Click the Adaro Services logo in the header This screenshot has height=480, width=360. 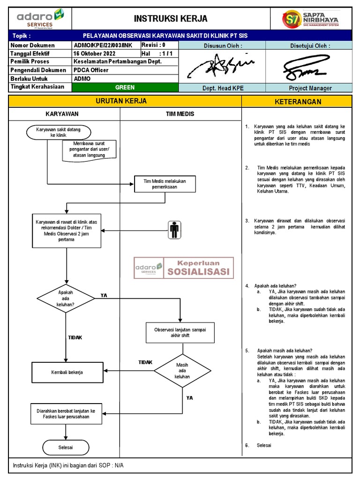[40, 19]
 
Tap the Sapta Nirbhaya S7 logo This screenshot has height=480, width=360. [310, 19]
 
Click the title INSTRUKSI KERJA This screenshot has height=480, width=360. [171, 19]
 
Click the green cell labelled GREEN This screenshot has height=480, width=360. [125, 87]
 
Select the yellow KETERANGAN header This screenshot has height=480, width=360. [298, 102]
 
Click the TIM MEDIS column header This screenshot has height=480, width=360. [180, 114]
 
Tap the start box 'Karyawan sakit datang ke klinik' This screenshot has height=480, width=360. [58, 132]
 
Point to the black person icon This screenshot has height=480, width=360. [174, 230]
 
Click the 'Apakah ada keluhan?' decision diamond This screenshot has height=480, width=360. [66, 298]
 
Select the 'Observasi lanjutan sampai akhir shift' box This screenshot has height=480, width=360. [180, 332]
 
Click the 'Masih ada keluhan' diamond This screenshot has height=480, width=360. [182, 370]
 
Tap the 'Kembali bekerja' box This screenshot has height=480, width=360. [67, 372]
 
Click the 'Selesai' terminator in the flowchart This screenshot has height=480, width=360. [66, 447]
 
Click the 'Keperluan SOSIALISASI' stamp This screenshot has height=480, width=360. [183, 268]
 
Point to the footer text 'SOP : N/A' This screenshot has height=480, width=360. [110, 465]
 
